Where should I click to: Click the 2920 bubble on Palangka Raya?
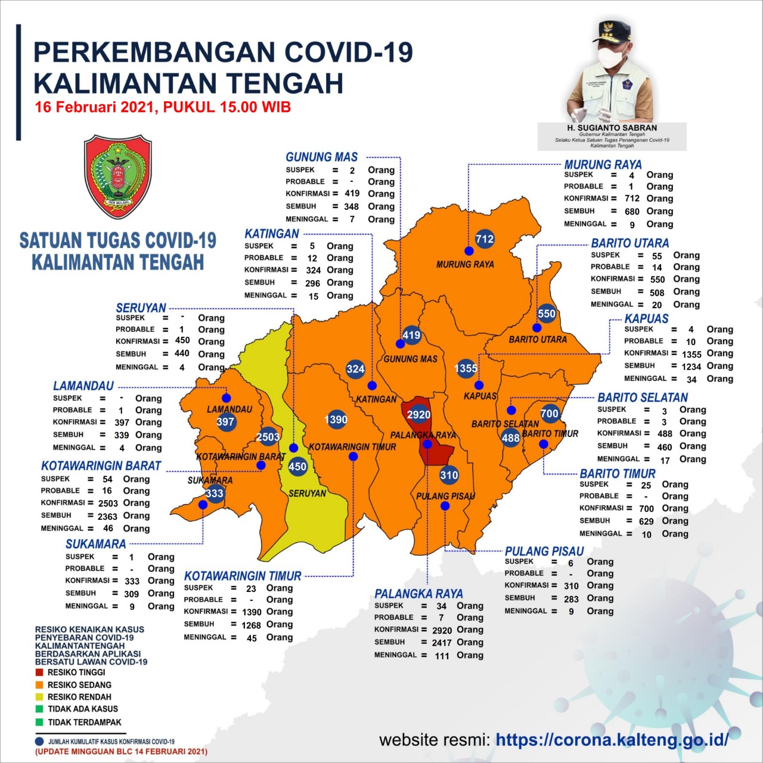(x=418, y=414)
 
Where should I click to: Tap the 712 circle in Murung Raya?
(x=485, y=239)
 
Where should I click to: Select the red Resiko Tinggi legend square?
(x=39, y=672)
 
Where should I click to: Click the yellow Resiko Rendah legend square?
(x=39, y=697)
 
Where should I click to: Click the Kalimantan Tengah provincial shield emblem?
(x=118, y=177)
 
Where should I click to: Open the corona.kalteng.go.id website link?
(x=612, y=740)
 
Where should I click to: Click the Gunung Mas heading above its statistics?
(x=321, y=157)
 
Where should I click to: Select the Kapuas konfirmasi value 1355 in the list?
(x=691, y=354)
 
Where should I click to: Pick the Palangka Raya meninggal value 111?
(x=442, y=656)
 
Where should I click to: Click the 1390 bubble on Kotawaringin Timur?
(x=336, y=420)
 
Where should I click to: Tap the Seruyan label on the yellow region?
(x=307, y=494)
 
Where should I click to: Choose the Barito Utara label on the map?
(x=538, y=339)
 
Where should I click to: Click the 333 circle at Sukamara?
(x=215, y=493)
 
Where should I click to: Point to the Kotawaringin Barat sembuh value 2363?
(x=107, y=516)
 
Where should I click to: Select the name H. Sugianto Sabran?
(x=612, y=128)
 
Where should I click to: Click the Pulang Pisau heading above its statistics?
(x=544, y=551)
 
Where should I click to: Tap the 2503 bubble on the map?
(x=268, y=437)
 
